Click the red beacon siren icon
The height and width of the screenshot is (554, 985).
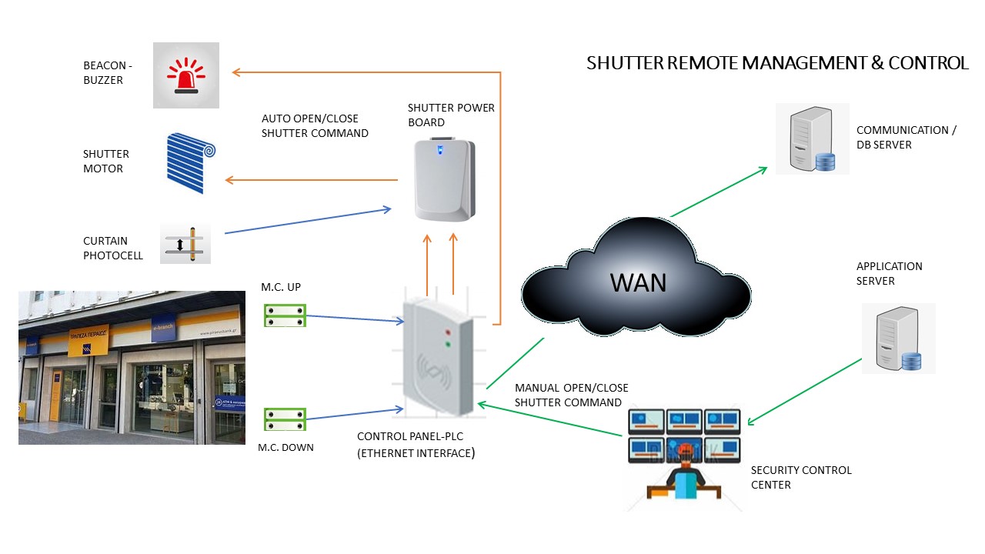[x=185, y=75]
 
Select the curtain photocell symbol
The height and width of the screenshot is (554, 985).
[x=185, y=244]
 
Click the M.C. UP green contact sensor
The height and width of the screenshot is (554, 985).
[x=285, y=315]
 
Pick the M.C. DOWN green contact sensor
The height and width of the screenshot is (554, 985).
[x=285, y=419]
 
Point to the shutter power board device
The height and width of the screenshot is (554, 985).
[x=442, y=178]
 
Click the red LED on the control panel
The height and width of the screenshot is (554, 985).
[x=447, y=332]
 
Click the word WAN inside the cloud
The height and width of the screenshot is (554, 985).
[x=638, y=282]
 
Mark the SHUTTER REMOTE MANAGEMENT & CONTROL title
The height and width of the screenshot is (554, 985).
[x=777, y=63]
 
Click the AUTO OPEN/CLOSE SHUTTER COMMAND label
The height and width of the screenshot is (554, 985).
[x=315, y=126]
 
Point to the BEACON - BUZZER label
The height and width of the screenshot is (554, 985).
[x=103, y=73]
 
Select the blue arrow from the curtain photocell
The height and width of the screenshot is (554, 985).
[x=308, y=220]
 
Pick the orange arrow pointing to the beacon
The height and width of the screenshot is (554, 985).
[x=362, y=72]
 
